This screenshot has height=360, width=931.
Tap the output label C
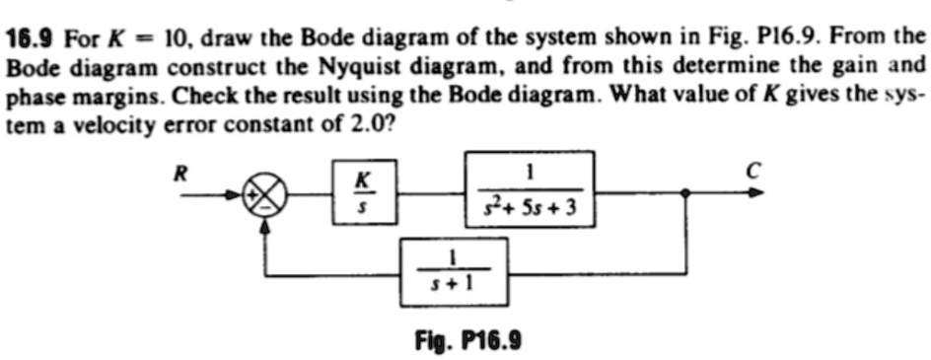click(752, 169)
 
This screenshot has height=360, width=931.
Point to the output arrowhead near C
click(755, 193)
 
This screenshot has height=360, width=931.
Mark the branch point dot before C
click(687, 194)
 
